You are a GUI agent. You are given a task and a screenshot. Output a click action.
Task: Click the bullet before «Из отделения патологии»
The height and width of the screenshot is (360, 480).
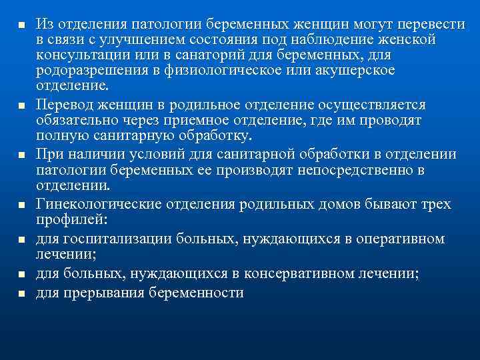21,25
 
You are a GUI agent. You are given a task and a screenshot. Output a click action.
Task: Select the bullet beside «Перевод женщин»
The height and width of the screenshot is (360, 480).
21,105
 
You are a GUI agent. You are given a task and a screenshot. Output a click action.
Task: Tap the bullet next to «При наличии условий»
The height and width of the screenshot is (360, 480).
21,155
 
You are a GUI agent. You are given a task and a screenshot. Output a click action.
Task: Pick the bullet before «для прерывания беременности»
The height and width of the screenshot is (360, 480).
21,293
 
